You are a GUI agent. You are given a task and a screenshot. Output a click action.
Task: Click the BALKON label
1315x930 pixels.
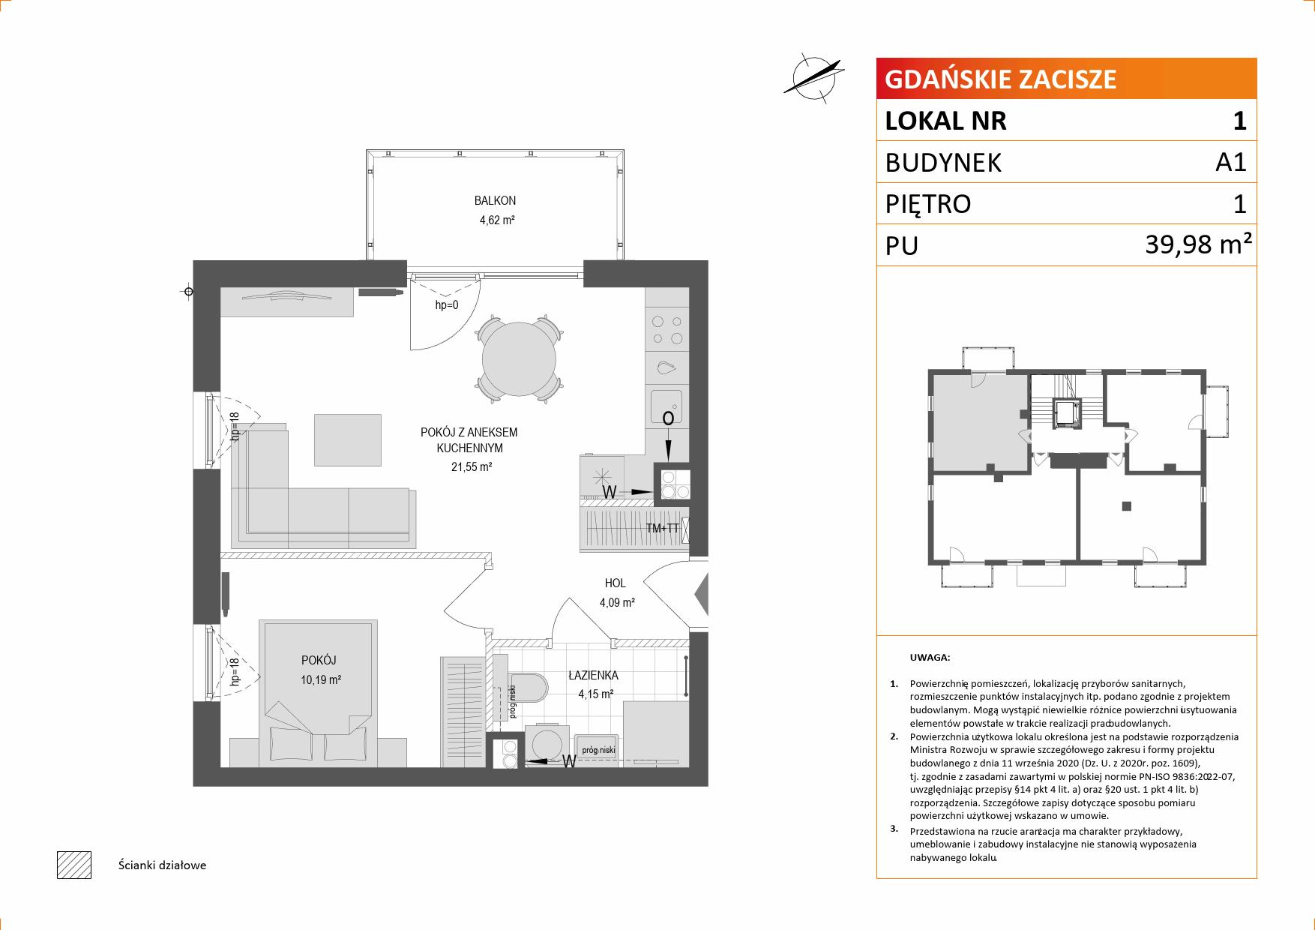pos(495,201)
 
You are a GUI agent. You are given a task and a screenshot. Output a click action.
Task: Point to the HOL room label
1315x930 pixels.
pos(616,583)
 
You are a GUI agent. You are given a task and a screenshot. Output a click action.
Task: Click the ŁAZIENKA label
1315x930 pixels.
pos(593,675)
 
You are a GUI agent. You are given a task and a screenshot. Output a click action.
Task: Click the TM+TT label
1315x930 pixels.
pos(663,528)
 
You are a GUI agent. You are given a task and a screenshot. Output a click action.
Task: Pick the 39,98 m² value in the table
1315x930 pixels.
pos(1199,244)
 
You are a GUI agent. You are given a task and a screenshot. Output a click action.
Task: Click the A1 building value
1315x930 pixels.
pos(1230,161)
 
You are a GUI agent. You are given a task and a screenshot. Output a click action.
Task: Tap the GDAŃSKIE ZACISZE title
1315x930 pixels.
pos(1001,79)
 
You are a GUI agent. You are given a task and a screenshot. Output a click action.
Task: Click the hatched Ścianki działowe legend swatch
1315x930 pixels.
pos(73,865)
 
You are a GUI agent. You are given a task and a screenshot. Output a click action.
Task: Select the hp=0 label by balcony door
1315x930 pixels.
pos(447,305)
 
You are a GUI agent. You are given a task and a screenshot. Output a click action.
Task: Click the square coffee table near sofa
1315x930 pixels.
pos(348,439)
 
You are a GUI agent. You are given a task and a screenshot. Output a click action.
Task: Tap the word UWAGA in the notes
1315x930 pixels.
pos(930,658)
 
